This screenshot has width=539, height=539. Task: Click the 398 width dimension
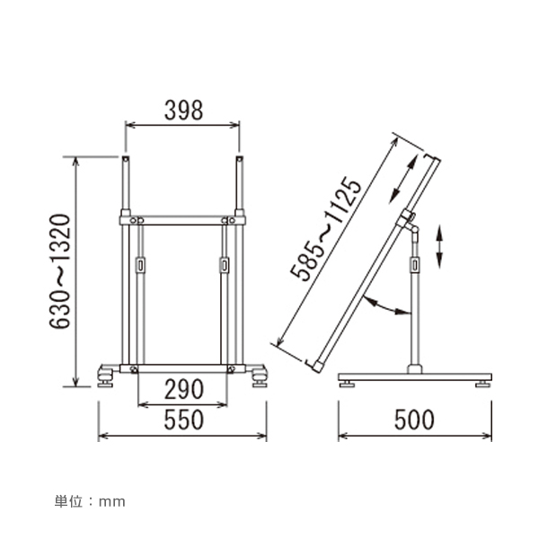[183, 110]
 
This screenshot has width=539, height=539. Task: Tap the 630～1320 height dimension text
[60, 271]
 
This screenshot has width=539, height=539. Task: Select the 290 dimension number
[184, 389]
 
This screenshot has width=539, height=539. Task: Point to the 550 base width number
[184, 420]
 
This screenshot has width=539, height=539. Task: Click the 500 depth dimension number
[414, 420]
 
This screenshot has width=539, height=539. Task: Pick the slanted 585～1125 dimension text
[326, 229]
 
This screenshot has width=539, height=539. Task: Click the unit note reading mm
[112, 502]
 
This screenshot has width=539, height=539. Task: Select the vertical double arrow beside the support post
[439, 246]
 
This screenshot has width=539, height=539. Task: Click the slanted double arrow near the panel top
[403, 179]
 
